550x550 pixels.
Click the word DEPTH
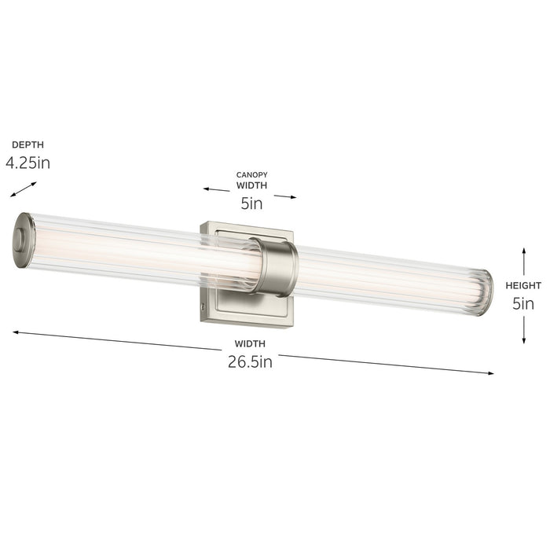point(27,145)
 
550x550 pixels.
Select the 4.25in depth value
point(28,163)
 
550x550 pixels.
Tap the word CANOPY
point(251,174)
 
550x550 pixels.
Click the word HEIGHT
point(523,285)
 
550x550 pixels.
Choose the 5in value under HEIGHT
point(523,303)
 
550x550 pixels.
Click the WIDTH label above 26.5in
point(250,343)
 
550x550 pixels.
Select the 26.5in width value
point(250,362)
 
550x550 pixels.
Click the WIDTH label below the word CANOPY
point(251,186)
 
